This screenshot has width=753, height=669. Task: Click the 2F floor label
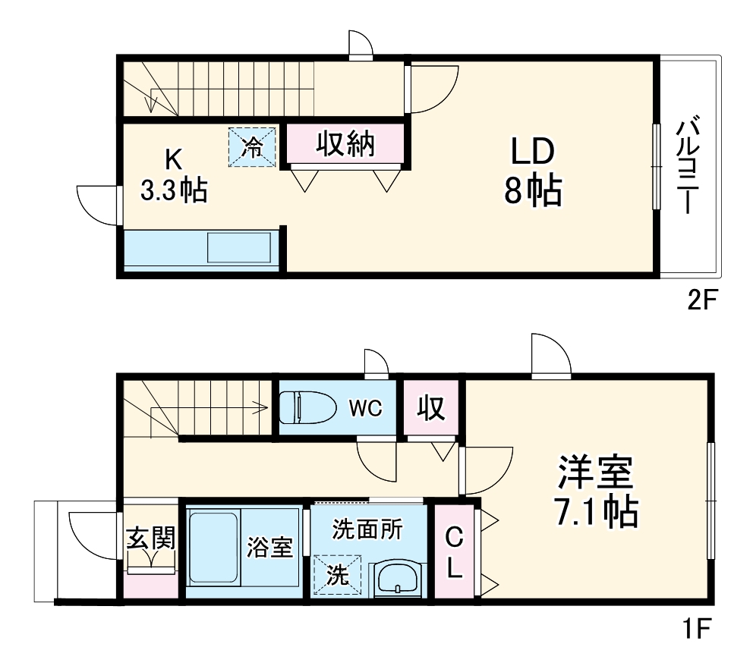702,302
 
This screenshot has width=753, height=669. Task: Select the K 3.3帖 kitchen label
174,175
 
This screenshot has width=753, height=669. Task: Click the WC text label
365,408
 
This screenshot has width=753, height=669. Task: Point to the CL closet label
453,552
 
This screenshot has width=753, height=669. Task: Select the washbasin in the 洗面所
397,581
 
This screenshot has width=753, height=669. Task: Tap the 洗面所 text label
367,529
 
